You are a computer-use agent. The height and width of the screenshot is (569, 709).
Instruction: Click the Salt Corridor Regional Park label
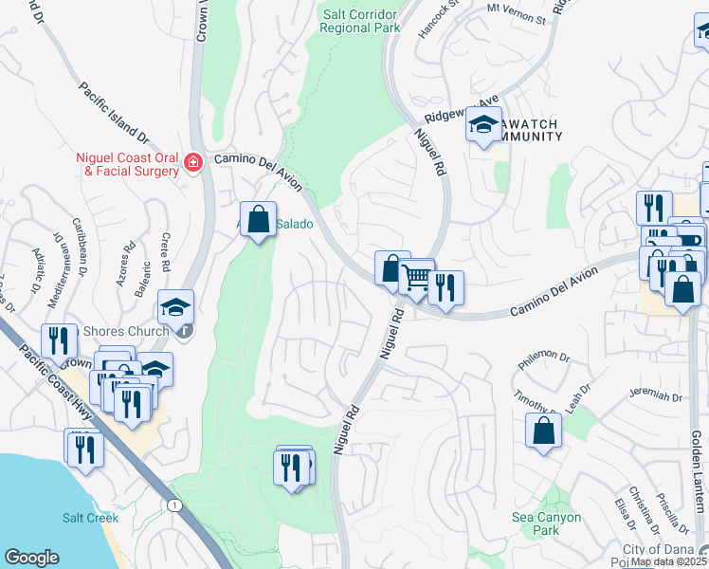click(x=360, y=19)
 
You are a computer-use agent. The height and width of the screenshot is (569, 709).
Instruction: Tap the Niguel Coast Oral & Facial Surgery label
click(x=128, y=164)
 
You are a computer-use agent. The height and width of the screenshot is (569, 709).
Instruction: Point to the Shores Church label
click(x=125, y=331)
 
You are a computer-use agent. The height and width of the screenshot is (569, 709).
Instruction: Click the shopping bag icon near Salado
click(x=258, y=220)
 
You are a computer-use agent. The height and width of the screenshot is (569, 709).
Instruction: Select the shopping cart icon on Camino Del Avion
click(x=416, y=278)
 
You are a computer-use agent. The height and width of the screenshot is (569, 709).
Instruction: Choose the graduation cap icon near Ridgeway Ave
click(x=483, y=124)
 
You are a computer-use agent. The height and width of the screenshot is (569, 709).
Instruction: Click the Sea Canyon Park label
click(x=547, y=524)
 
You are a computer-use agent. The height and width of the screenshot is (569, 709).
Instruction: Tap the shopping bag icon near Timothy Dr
click(x=544, y=431)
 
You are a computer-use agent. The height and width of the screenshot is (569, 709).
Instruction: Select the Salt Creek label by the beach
click(x=90, y=518)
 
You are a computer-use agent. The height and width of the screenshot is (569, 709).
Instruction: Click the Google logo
click(x=31, y=558)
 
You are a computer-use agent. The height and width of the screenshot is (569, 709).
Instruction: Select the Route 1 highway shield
click(x=173, y=506)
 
